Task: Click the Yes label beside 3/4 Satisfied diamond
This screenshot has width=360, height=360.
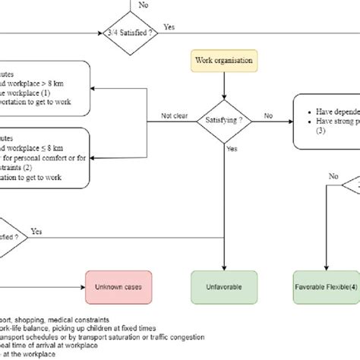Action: [169, 27]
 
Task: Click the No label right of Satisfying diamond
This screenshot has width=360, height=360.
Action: [268, 115]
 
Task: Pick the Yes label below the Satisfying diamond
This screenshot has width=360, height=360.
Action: [232, 150]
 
